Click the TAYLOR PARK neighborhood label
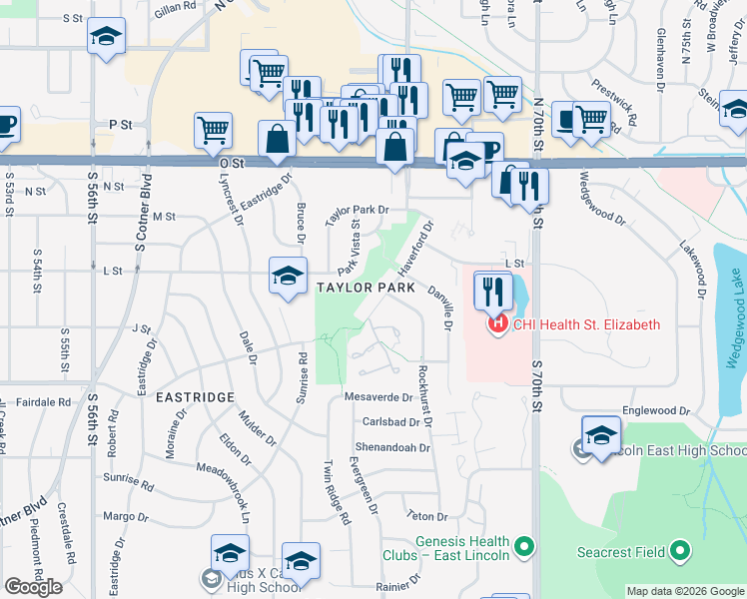(366, 288)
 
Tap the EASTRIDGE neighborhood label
(195, 397)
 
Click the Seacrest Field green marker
(679, 551)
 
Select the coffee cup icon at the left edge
(6, 125)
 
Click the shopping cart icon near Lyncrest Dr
(214, 129)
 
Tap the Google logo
(33, 587)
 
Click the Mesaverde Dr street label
(378, 397)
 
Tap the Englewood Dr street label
(649, 410)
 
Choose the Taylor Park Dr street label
(357, 210)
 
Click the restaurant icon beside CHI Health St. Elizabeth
(492, 291)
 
